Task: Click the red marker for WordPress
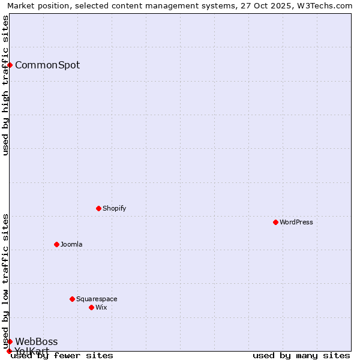tap(275, 222)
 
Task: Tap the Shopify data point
tap(98, 208)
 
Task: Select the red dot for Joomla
tap(56, 244)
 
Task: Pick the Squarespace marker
tap(72, 299)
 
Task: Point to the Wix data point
tap(91, 307)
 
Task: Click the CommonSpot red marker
tap(10, 65)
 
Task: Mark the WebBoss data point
tap(10, 341)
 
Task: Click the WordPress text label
tap(296, 222)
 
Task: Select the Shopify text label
tap(114, 208)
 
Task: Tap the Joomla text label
tap(71, 244)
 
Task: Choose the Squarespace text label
tap(97, 299)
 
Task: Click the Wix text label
tap(101, 307)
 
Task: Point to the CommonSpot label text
tap(47, 65)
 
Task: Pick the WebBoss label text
tap(37, 341)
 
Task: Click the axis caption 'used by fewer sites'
tap(62, 355)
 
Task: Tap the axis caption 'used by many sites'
tap(301, 355)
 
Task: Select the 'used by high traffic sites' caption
tap(5, 85)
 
